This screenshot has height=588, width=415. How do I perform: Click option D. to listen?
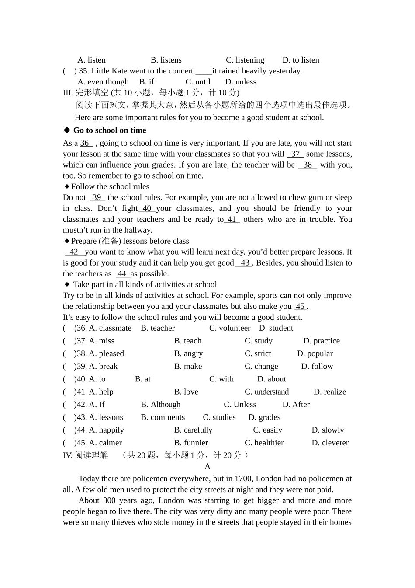pos(301,60)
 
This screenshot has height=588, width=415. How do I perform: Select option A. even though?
pos(103,82)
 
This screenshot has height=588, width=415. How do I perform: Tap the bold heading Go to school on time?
pos(110,130)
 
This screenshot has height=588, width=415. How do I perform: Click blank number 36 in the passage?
pos(86,143)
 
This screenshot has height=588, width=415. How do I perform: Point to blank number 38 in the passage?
pos(308,165)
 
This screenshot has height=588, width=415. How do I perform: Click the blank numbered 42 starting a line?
pos(74,252)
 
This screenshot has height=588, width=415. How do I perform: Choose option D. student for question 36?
pos(276,328)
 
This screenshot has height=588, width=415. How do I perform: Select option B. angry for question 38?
pos(188,353)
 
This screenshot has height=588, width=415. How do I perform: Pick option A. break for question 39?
pos(103,366)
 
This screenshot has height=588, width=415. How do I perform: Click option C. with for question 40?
pos(221,379)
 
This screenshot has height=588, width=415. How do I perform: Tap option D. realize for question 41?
pos(330,392)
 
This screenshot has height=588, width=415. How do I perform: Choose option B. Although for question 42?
pos(160,405)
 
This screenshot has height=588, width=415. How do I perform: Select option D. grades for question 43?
pos(264,417)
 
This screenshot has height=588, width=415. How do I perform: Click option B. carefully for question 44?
pos(193,430)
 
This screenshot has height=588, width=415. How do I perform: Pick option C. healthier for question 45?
pos(264,443)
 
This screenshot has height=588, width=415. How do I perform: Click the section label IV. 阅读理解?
pos(85,455)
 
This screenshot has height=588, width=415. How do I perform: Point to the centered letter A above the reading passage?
pos(207,466)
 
